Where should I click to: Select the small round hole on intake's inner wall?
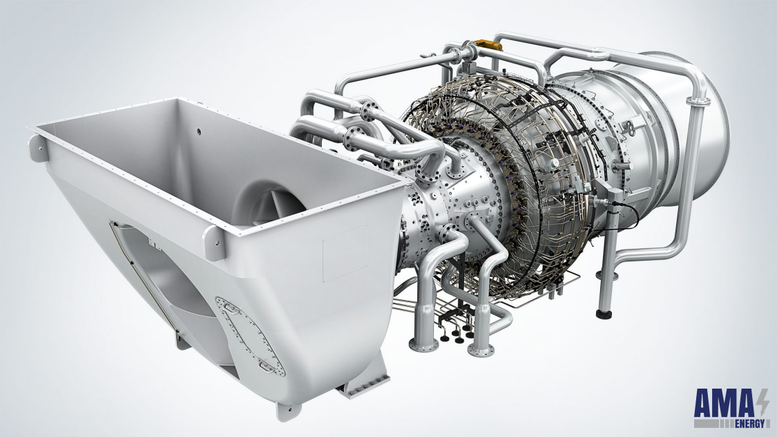[199, 130]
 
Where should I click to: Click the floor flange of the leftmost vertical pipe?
[421, 344]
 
